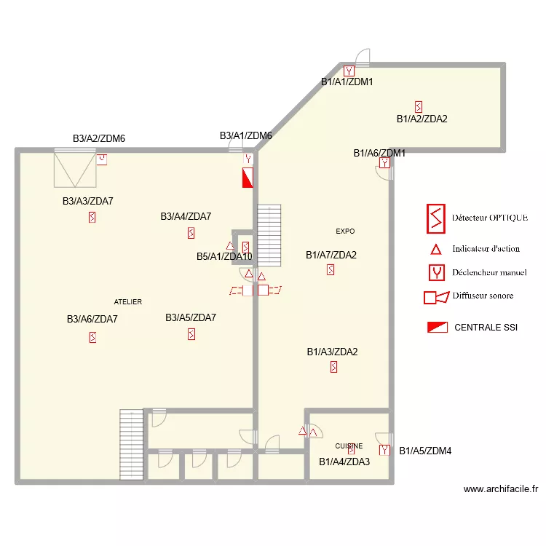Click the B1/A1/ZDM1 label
tap(347, 82)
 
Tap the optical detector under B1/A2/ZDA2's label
tap(418, 106)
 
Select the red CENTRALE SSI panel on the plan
tap(248, 178)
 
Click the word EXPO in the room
tap(345, 232)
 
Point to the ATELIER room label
tap(128, 301)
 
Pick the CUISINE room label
tap(349, 446)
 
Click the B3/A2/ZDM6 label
tap(99, 138)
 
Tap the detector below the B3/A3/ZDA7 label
tap(92, 217)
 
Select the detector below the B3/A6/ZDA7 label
tap(92, 337)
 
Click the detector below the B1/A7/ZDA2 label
tap(331, 270)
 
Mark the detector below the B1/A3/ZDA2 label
tap(333, 368)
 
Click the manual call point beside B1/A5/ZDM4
tap(385, 451)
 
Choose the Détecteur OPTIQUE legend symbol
tap(435, 217)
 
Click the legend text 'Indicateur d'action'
tap(486, 249)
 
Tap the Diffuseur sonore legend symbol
tap(435, 297)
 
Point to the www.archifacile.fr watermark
tap(500, 490)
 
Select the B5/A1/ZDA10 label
tap(224, 256)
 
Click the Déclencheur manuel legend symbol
tap(435, 273)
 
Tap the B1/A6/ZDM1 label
tap(379, 153)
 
